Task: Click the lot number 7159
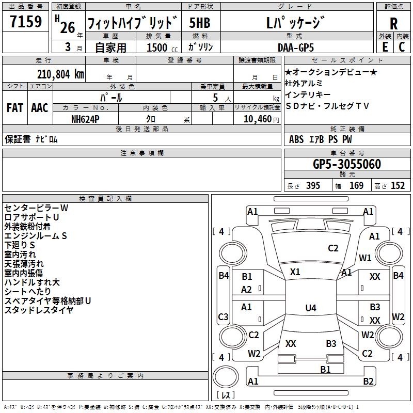point(25,23)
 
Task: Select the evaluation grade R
point(393,24)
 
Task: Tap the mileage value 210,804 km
point(60,74)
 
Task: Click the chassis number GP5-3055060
point(347,165)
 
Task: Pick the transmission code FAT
point(14,108)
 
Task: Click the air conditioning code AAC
point(39,108)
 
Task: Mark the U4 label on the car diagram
point(310,308)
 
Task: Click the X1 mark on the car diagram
point(295,272)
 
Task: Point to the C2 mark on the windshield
point(333,248)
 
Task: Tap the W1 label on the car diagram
point(366,258)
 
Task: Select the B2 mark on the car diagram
point(368,382)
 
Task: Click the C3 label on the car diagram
point(223,316)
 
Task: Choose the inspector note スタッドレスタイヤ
point(39,310)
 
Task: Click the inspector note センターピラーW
point(36,208)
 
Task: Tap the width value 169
point(356,186)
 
